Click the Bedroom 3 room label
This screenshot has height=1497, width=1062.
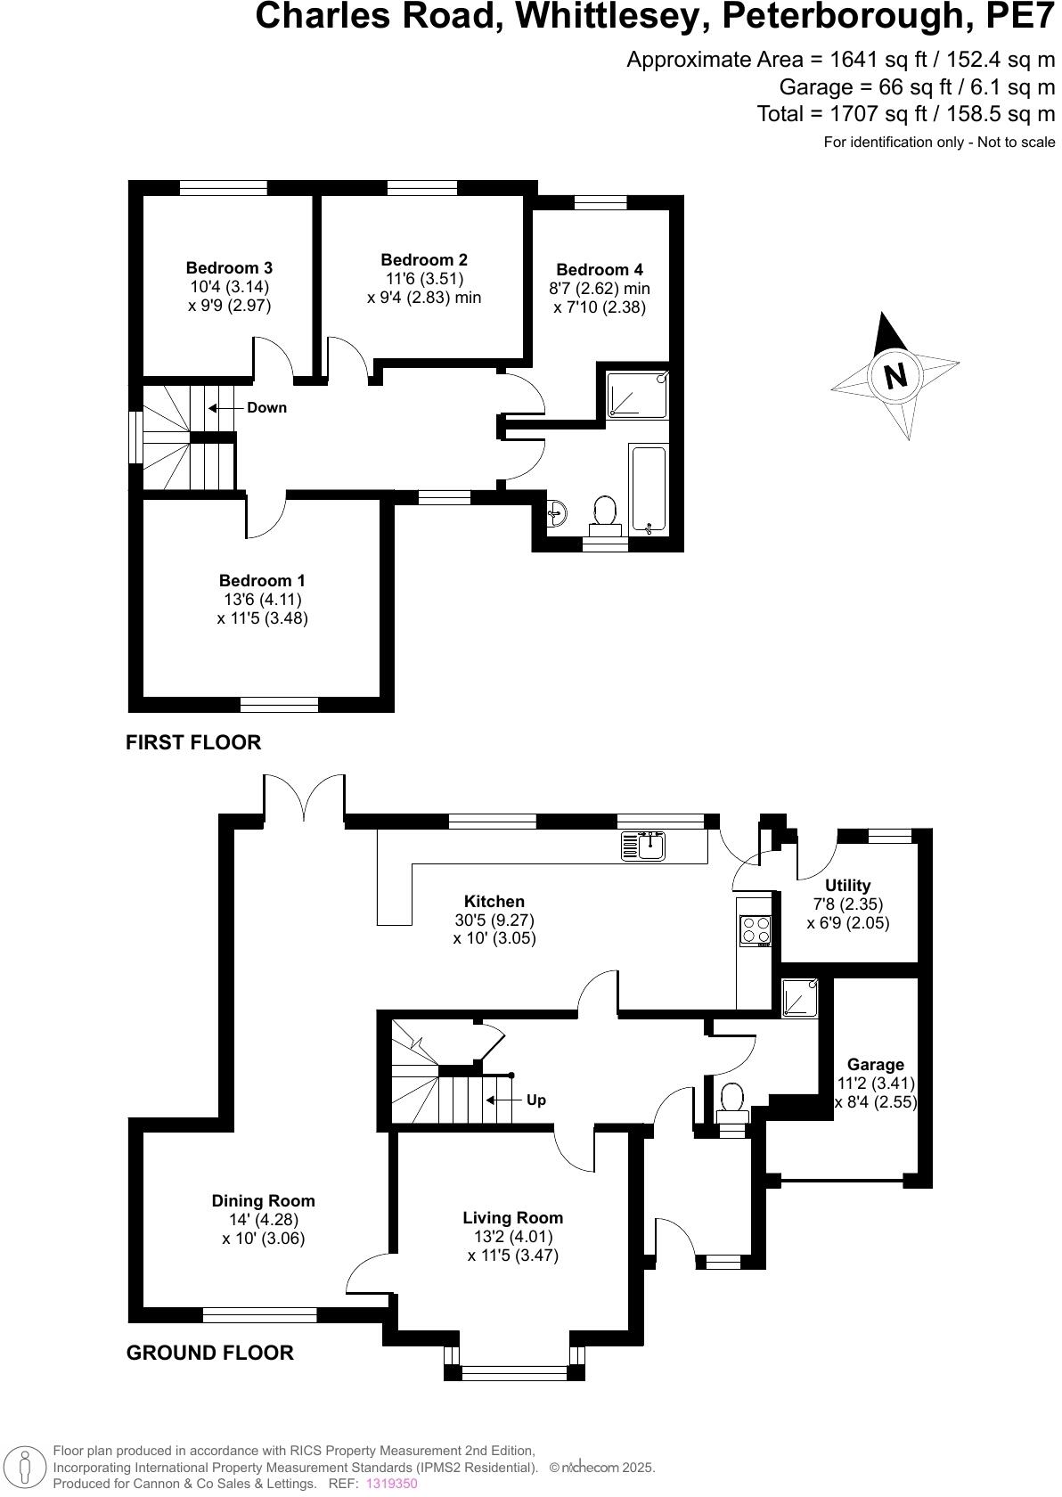coord(229,267)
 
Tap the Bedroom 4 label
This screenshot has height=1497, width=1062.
coord(599,269)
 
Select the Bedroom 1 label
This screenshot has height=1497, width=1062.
coord(262,581)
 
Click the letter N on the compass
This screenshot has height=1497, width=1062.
coord(895,374)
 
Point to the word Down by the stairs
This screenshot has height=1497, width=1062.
coord(266,407)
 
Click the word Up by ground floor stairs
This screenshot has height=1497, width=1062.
coord(535,1100)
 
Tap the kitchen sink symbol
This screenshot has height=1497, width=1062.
coord(644,845)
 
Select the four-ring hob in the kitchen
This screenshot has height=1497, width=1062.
coord(756,930)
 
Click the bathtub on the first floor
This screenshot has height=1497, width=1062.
coord(649,490)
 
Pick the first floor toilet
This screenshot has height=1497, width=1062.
coord(605,514)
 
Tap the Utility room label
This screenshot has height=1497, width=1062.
coord(847,885)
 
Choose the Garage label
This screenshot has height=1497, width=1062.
coord(875,1064)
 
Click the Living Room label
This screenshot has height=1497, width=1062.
coord(512,1217)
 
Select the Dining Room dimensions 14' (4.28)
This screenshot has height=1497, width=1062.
coord(263,1220)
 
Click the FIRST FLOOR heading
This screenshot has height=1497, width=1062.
coord(193,742)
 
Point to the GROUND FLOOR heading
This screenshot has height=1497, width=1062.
coord(209,1353)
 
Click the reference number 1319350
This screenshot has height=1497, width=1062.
coord(391,1484)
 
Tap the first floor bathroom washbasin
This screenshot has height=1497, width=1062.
coord(558,512)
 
